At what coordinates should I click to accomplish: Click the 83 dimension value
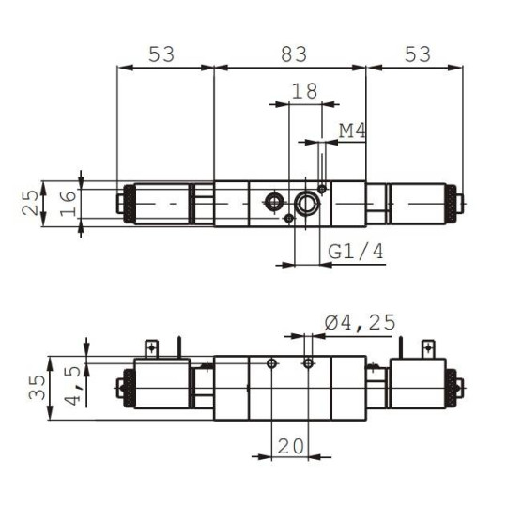tap(294, 54)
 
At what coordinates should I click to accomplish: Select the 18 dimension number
tap(304, 91)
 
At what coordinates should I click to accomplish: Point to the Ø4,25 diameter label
tap(361, 323)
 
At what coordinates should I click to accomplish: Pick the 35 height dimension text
tap(35, 389)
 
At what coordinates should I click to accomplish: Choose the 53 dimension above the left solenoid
tap(162, 54)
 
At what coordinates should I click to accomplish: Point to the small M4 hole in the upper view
tap(322, 189)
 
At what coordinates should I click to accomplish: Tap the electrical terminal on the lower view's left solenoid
tap(150, 346)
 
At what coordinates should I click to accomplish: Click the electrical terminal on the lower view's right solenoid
tap(430, 347)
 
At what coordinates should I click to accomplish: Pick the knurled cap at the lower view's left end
tap(121, 386)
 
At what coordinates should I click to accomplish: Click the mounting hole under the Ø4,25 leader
tap(307, 362)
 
